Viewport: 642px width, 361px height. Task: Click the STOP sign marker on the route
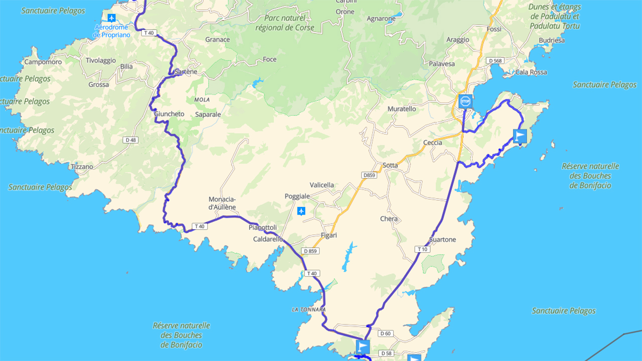[x=465, y=101]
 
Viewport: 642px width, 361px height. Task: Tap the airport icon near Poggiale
[x=301, y=211]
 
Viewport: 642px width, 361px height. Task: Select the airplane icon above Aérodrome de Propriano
[x=111, y=18]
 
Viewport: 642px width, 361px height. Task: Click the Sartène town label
[x=186, y=72]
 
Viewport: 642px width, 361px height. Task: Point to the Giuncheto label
[x=169, y=114]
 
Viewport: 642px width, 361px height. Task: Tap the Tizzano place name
[x=82, y=166]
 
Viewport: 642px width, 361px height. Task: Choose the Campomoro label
[x=43, y=62]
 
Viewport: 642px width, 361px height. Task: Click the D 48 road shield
[x=131, y=140]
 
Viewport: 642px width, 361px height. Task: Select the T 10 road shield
[x=422, y=249]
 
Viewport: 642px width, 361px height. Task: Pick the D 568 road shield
[x=494, y=61]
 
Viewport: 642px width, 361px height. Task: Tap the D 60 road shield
[x=385, y=333]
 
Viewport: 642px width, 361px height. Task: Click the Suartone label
[x=443, y=240]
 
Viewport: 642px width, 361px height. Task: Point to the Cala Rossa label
[x=531, y=72]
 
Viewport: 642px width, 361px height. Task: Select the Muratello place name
[x=402, y=109]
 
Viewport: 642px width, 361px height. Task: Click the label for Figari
[x=329, y=235]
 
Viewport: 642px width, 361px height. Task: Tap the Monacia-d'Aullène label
[x=222, y=203]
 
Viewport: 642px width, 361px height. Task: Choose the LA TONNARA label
[x=308, y=309]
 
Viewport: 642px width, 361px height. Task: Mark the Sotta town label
[x=390, y=165]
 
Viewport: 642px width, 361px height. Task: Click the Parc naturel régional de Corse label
[x=285, y=23]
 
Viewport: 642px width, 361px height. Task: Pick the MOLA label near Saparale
[x=202, y=100]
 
